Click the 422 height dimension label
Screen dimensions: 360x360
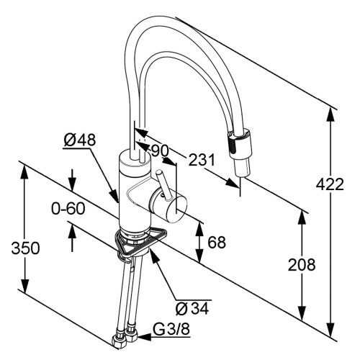(330, 185)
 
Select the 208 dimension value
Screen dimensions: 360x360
(302, 265)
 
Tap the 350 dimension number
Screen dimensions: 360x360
(25, 248)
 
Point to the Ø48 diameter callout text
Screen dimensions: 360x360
(80, 140)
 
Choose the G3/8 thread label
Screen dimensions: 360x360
(171, 330)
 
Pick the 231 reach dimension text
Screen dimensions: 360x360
(202, 160)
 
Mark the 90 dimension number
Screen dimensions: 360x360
(160, 151)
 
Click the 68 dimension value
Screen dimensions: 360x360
(217, 242)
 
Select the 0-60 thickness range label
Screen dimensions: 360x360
(68, 208)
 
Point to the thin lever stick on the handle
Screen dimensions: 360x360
(163, 184)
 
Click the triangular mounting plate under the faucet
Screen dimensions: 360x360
(135, 243)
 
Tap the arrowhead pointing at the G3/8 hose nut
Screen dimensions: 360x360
(144, 338)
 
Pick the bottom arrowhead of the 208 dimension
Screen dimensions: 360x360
(302, 313)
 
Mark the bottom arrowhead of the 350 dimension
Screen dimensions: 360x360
(24, 285)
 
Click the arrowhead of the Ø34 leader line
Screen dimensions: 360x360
(155, 257)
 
